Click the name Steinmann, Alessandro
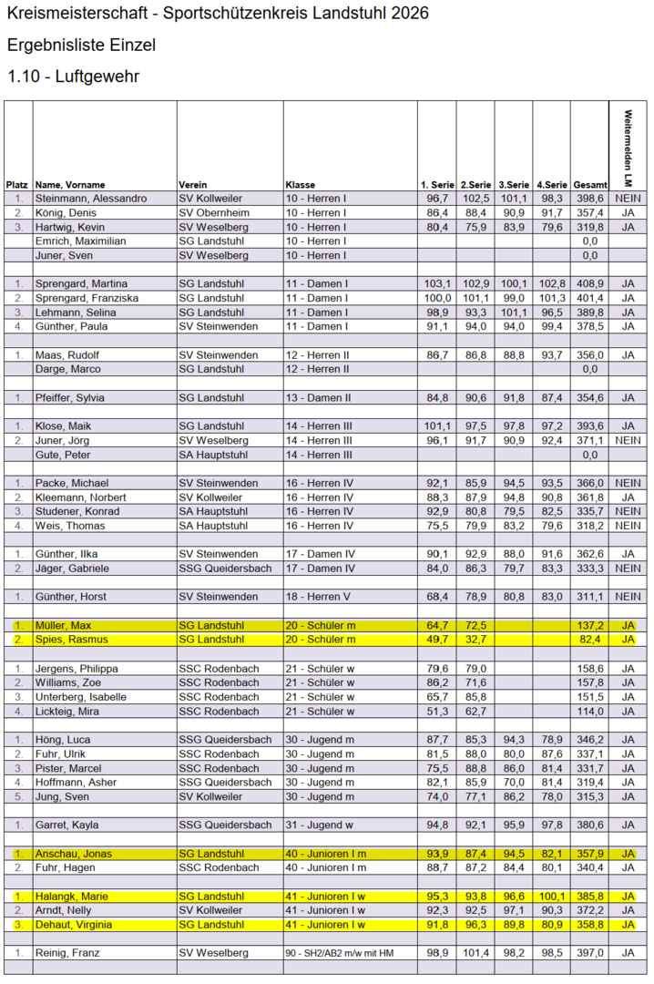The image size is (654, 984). point(90,199)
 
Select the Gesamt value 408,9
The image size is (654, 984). point(589,283)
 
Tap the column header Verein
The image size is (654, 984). point(193,184)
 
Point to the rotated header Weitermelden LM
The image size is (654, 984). point(628,144)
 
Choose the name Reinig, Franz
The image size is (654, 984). point(67,953)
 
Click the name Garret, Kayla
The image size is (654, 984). point(66,825)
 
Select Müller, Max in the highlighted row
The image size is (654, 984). point(64,625)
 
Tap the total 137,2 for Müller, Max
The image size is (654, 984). point(589,625)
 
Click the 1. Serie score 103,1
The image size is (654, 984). point(437,283)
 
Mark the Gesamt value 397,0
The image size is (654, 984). point(589,953)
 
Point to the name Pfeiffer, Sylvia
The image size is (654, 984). point(70,397)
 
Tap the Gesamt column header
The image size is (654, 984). point(589,184)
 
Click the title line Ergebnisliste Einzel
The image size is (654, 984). point(81,45)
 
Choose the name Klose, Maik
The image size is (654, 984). point(64,426)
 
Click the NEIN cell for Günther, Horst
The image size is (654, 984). point(628,597)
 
